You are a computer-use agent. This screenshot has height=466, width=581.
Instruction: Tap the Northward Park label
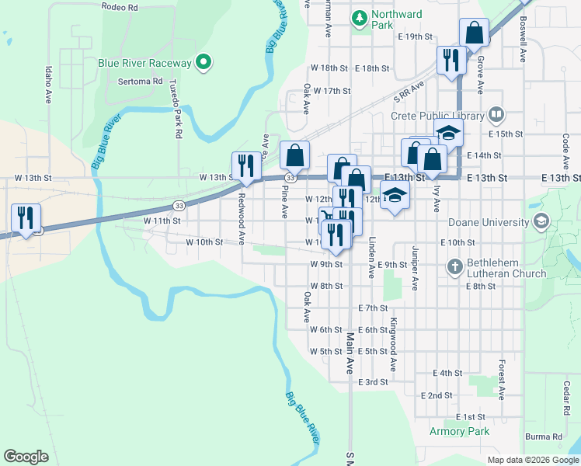click(396, 19)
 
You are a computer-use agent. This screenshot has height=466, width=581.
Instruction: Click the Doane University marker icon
click(541, 221)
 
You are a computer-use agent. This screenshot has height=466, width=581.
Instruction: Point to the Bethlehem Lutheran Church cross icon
click(456, 266)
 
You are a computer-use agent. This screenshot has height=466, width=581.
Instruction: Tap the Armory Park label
click(460, 431)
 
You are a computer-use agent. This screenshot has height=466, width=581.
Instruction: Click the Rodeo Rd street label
click(120, 7)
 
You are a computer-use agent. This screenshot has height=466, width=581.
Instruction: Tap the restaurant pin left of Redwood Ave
click(245, 165)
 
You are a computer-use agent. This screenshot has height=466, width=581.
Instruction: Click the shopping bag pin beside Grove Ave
click(474, 33)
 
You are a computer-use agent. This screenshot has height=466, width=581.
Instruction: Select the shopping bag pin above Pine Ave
click(295, 155)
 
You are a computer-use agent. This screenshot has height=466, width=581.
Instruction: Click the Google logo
click(26, 457)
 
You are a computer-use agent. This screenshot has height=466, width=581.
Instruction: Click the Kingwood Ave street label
click(394, 343)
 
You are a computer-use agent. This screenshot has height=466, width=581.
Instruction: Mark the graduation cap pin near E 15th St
click(448, 133)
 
